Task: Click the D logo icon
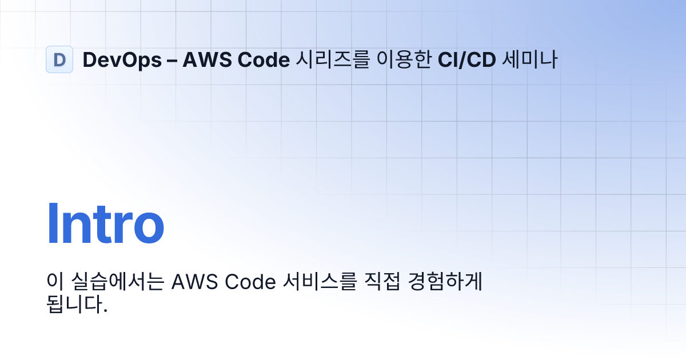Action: click(x=59, y=59)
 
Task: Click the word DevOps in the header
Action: click(x=122, y=59)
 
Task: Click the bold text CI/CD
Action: click(x=466, y=59)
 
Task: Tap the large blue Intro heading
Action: click(x=105, y=224)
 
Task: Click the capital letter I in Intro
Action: click(x=52, y=224)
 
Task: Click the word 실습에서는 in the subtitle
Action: click(x=117, y=282)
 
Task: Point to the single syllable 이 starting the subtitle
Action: click(x=54, y=282)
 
